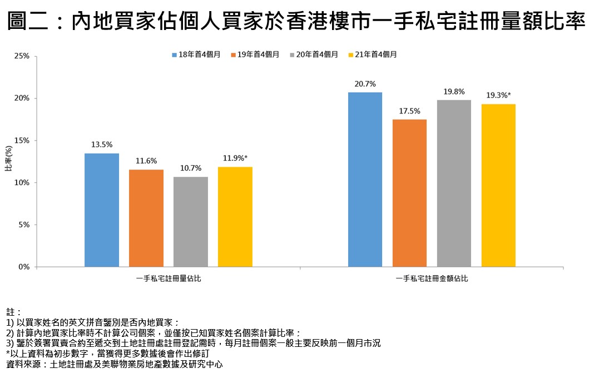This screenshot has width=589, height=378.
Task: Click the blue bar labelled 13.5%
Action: click(x=102, y=210)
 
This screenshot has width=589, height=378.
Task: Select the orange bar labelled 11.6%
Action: click(x=146, y=218)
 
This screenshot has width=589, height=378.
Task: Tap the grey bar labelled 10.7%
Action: click(x=190, y=222)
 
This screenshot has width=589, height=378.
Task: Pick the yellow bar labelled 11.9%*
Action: click(x=235, y=217)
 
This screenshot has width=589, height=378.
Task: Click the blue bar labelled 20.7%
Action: click(x=365, y=180)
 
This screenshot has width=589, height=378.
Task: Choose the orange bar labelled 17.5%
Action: click(x=409, y=193)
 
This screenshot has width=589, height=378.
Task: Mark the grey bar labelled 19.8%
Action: click(x=454, y=183)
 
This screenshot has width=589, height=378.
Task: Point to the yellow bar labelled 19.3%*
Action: click(x=498, y=185)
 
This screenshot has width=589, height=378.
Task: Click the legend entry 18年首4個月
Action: click(x=196, y=54)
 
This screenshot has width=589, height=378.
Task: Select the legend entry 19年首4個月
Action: click(x=254, y=54)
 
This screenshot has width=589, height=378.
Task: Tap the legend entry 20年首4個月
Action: click(x=313, y=54)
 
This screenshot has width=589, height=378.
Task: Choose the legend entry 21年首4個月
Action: click(x=372, y=54)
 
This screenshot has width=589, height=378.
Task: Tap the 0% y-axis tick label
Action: click(x=24, y=267)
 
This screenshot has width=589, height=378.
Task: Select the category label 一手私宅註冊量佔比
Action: click(x=169, y=278)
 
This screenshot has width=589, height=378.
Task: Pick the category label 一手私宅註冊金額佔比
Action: click(x=432, y=278)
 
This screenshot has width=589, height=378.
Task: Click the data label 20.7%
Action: click(x=365, y=84)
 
